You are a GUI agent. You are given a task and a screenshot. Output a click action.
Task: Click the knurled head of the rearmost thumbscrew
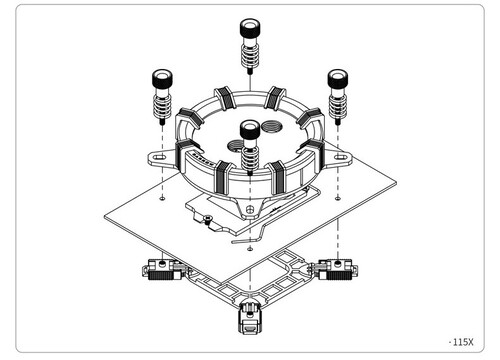point(250,28)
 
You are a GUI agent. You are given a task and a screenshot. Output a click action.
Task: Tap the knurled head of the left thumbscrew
point(162,79)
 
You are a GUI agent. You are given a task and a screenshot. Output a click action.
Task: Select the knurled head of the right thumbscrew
point(338,79)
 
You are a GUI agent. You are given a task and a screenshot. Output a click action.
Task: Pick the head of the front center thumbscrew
point(250,129)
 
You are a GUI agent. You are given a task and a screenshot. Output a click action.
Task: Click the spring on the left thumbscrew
point(162,106)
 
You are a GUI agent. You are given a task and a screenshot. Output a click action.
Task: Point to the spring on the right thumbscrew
point(338,106)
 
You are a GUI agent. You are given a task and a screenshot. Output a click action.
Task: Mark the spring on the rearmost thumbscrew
point(250,55)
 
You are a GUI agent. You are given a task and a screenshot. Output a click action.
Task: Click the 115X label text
point(461,342)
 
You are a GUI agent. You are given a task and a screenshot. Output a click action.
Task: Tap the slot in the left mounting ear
point(160,157)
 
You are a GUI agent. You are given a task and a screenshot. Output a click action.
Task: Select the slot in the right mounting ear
point(341,156)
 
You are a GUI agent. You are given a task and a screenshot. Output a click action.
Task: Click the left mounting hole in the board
point(162,198)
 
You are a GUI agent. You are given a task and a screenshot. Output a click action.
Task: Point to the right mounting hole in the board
point(338,198)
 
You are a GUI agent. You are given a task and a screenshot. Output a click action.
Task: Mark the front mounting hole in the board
point(250,249)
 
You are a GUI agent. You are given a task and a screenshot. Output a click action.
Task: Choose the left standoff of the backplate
point(162,269)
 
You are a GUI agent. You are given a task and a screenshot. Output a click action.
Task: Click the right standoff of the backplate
point(337,269)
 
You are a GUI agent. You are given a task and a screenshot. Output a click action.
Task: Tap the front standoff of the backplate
point(250,317)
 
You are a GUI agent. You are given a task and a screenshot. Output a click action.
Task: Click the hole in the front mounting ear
point(250,209)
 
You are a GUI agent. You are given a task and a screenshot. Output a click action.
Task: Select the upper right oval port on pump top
point(271,126)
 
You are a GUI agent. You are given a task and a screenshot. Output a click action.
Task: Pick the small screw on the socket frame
point(207,218)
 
